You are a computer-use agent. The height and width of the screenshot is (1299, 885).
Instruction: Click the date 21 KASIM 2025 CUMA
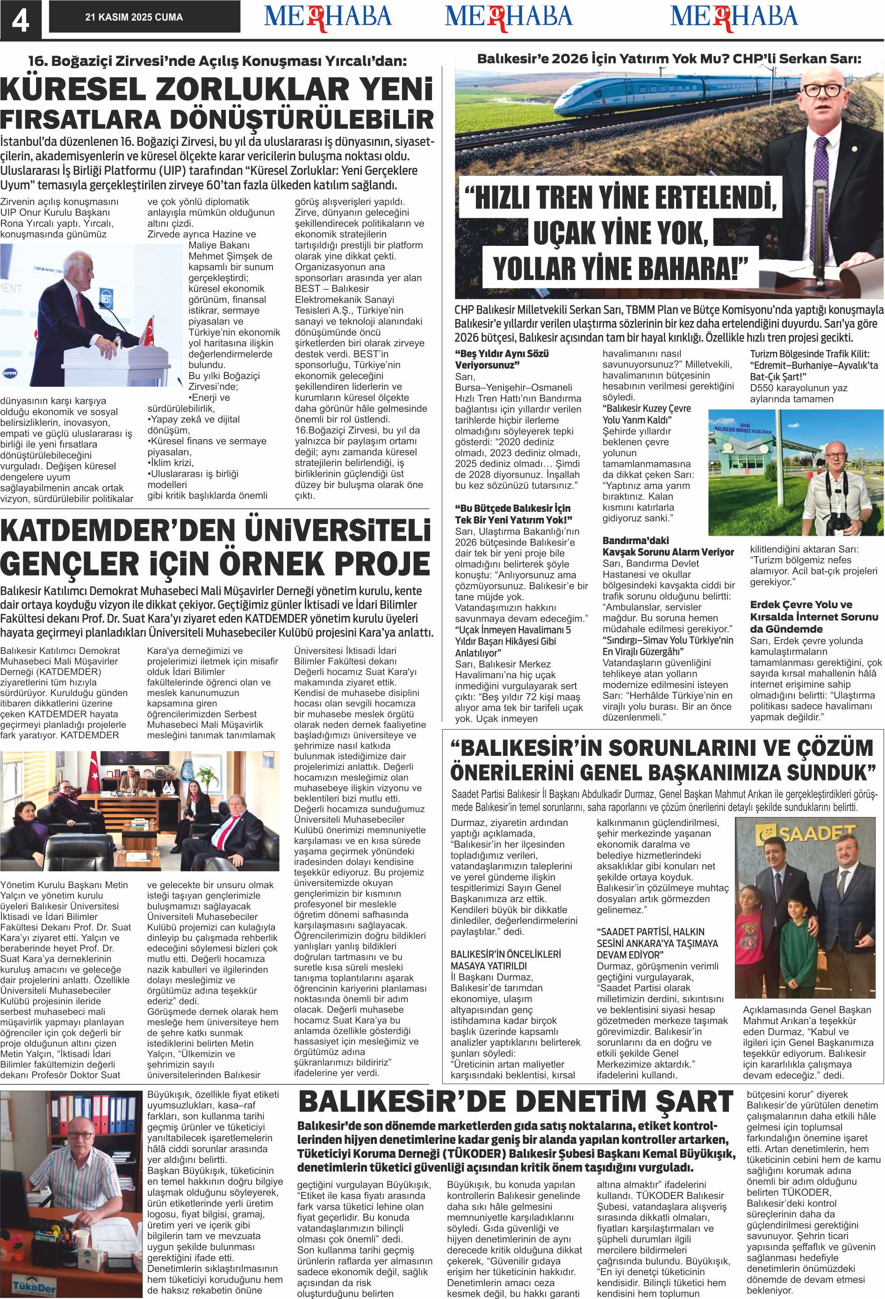pos(134,17)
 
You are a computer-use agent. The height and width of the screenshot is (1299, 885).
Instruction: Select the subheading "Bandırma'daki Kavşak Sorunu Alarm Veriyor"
pos(668,546)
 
